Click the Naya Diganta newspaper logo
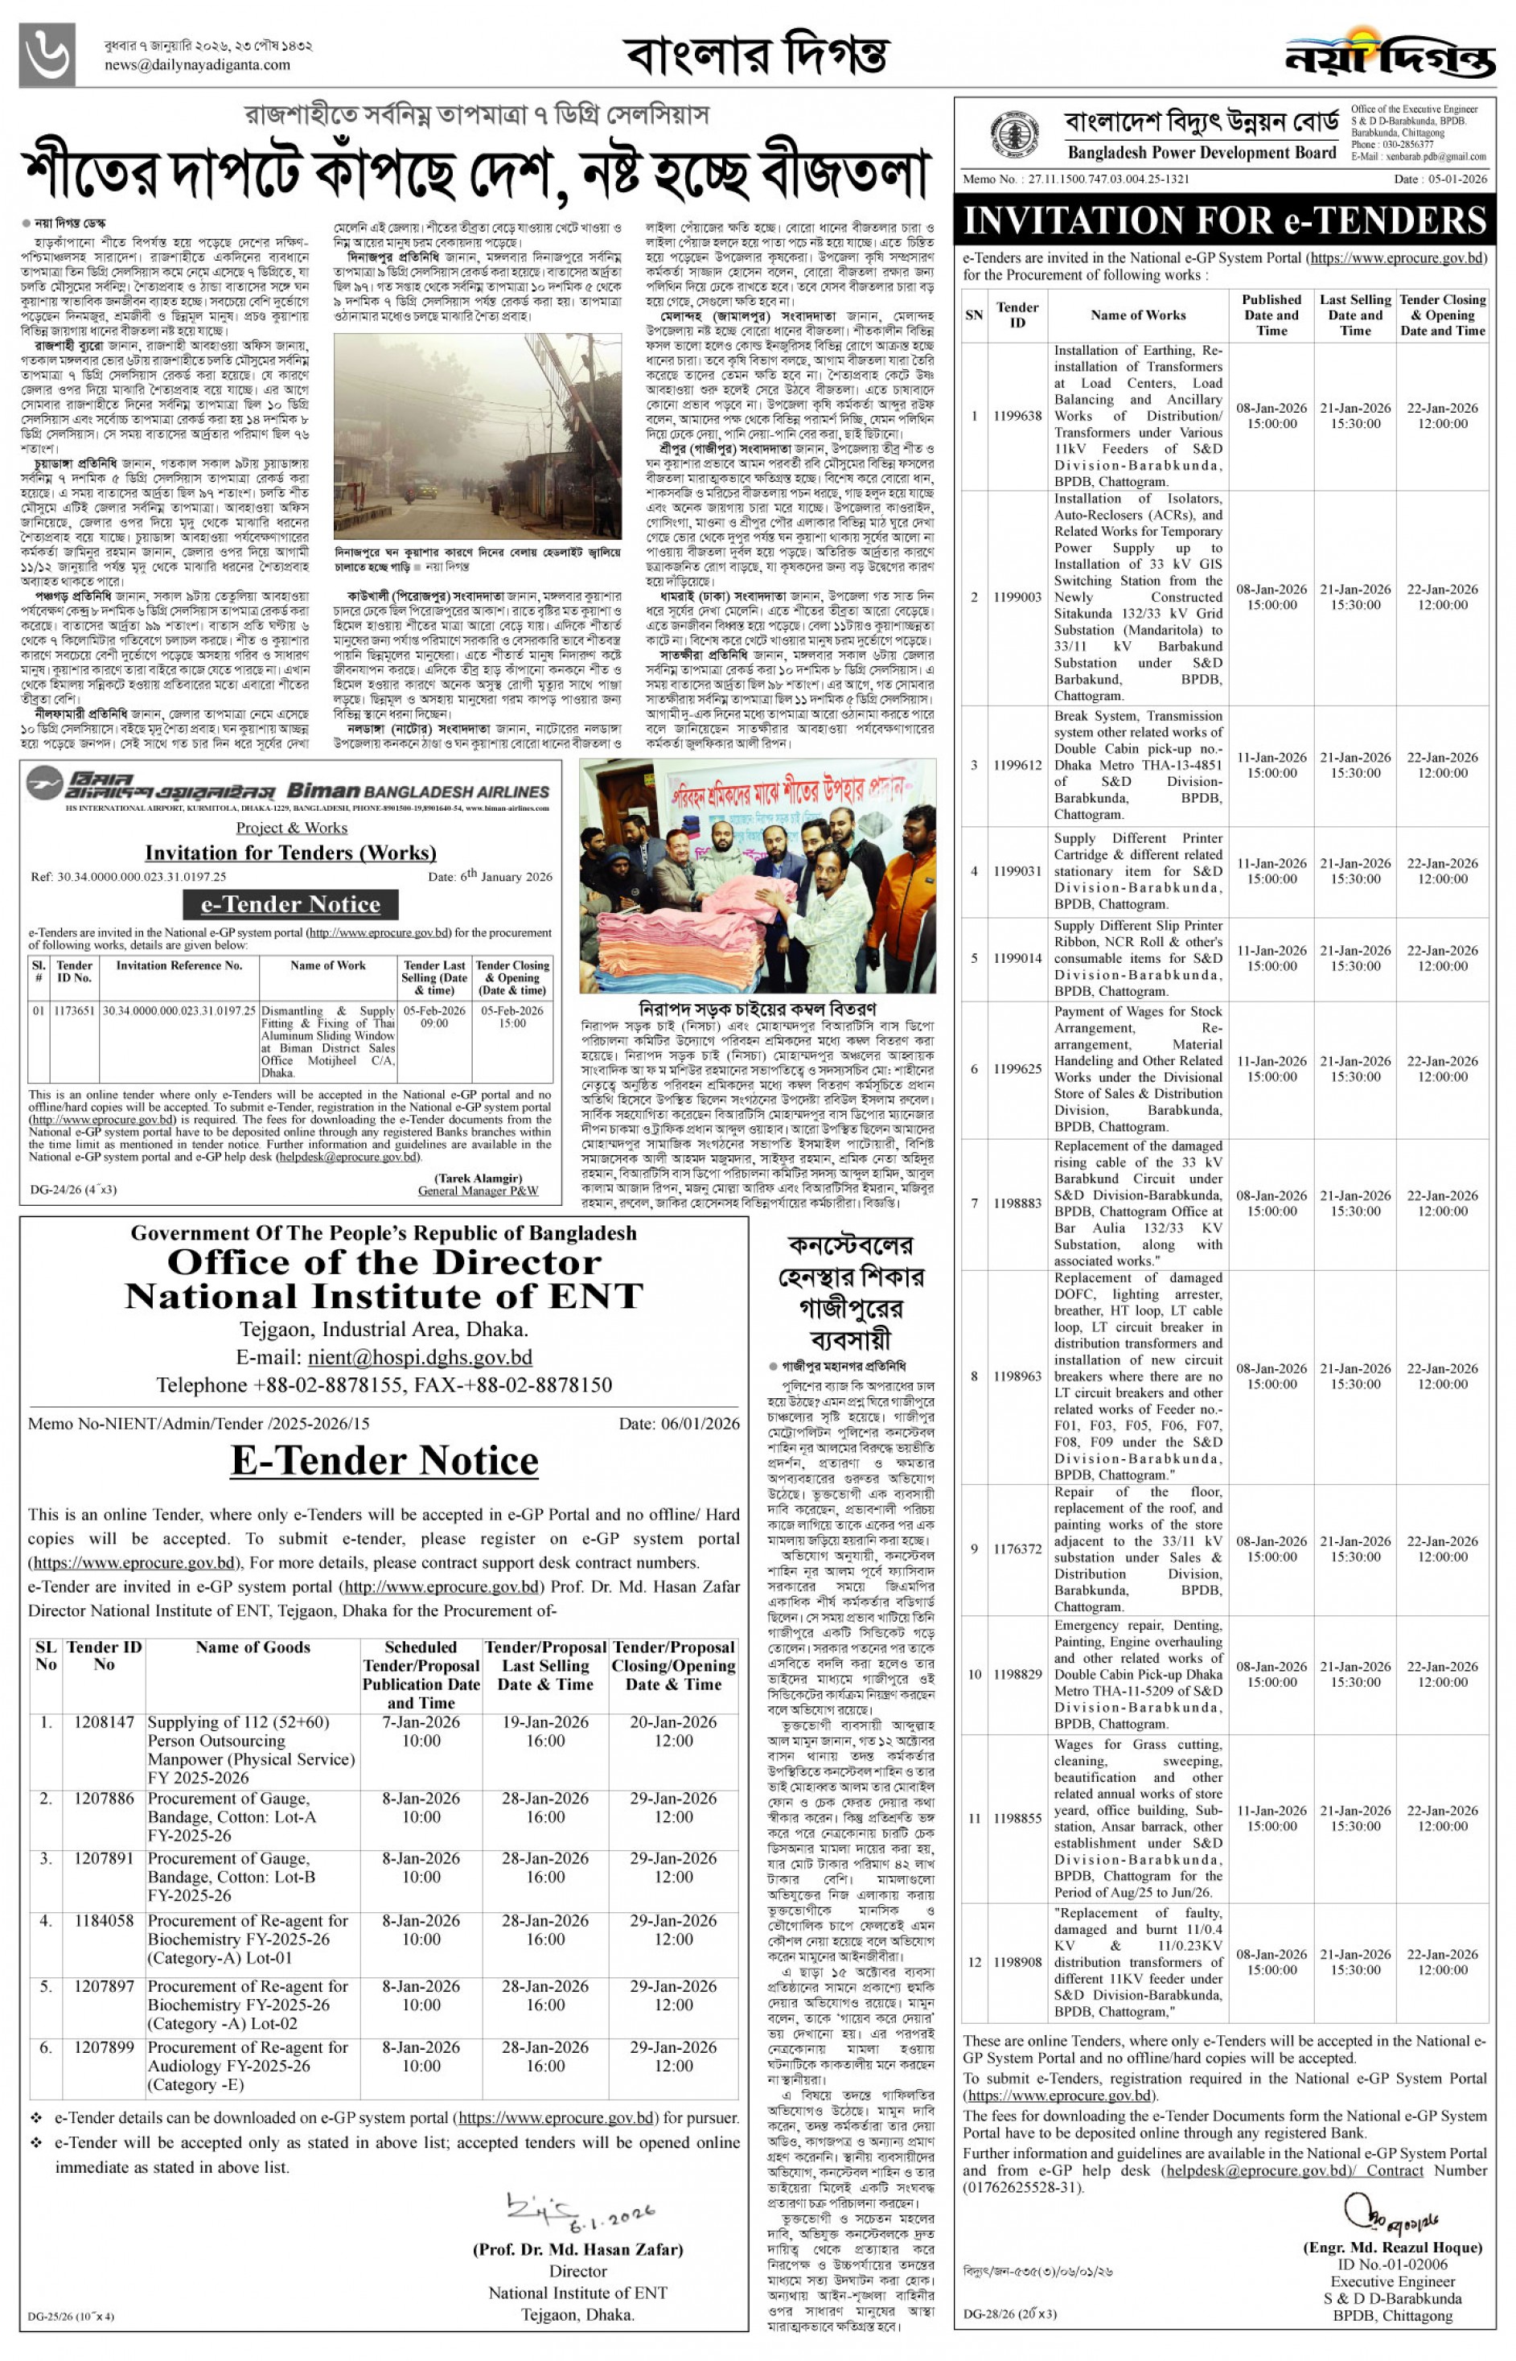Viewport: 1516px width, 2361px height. pyautogui.click(x=1389, y=54)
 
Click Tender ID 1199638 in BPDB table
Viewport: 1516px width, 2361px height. pyautogui.click(x=1017, y=416)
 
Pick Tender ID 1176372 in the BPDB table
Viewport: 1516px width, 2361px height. pyautogui.click(x=1017, y=1549)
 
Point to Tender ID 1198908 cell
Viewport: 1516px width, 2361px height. pyautogui.click(x=1017, y=1962)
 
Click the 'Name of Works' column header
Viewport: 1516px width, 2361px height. pyautogui.click(x=1138, y=315)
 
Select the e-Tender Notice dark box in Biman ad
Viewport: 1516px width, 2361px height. pyautogui.click(x=290, y=904)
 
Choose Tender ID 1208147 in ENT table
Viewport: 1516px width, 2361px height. pyautogui.click(x=104, y=1722)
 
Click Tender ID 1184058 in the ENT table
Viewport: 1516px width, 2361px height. pyautogui.click(x=104, y=1921)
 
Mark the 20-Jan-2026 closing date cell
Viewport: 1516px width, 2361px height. pyautogui.click(x=673, y=1722)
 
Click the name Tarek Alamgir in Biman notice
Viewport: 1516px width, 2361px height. pyautogui.click(x=478, y=1178)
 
